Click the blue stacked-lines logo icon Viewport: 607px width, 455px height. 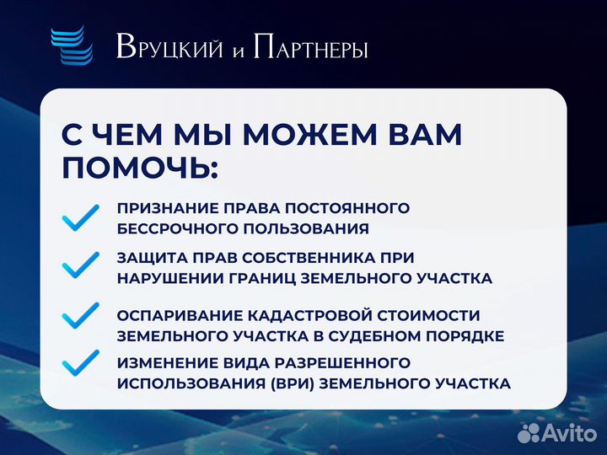pyautogui.click(x=70, y=46)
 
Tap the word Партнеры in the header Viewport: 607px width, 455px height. pyautogui.click(x=310, y=49)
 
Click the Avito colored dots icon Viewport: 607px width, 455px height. pyautogui.click(x=529, y=433)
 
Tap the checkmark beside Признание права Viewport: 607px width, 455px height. pyautogui.click(x=81, y=218)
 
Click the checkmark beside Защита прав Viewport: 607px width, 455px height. pyautogui.click(x=81, y=266)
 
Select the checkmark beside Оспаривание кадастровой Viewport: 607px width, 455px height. pyautogui.click(x=81, y=317)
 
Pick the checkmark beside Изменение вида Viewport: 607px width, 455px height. pyautogui.click(x=81, y=363)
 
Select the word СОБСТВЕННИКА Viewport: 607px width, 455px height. pyautogui.click(x=296, y=257)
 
